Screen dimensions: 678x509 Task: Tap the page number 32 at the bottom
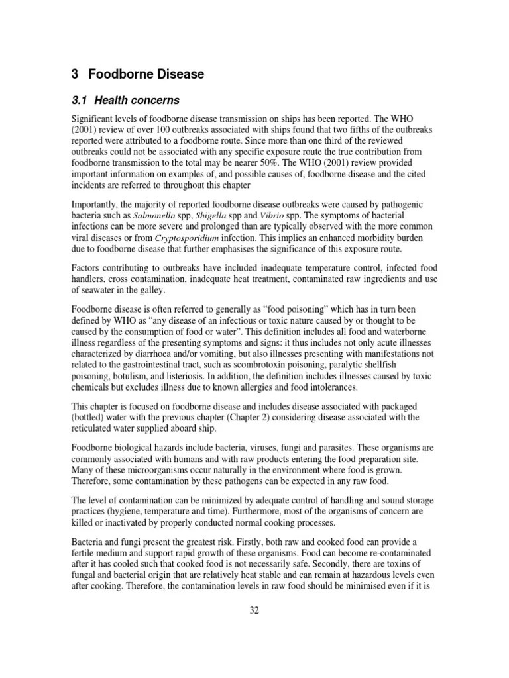click(254, 610)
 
